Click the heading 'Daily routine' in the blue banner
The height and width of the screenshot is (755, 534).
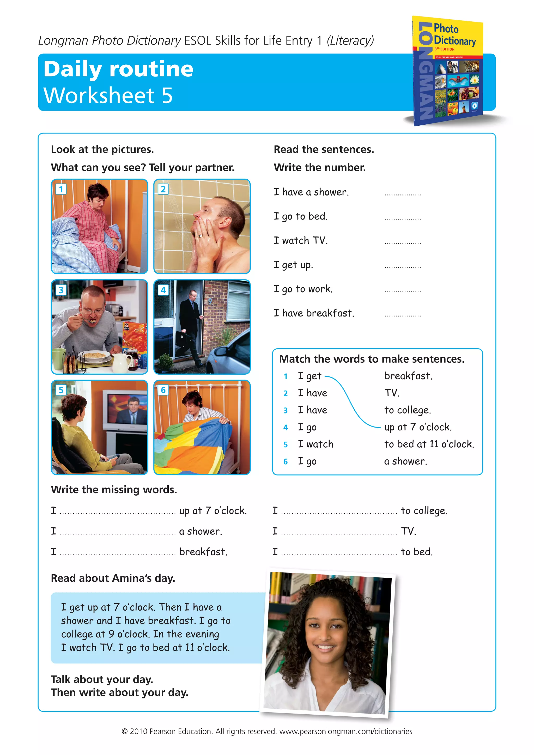(118, 69)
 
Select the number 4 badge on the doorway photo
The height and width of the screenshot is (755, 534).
(163, 290)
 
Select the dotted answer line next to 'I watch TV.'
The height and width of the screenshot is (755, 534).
(403, 243)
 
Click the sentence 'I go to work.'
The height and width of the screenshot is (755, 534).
(303, 289)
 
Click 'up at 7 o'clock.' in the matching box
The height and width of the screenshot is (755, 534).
(418, 427)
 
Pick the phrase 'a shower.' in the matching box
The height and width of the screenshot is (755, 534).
(405, 461)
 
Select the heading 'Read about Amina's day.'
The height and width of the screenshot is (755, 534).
(113, 578)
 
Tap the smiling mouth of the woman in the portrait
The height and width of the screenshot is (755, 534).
(325, 648)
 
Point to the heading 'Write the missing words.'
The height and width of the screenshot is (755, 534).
(114, 490)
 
